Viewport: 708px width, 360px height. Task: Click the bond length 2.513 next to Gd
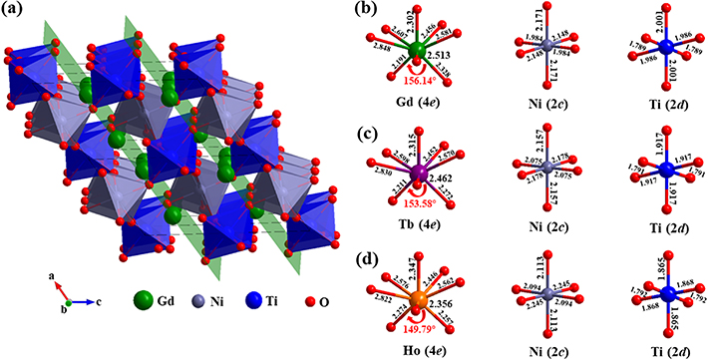[455, 57]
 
